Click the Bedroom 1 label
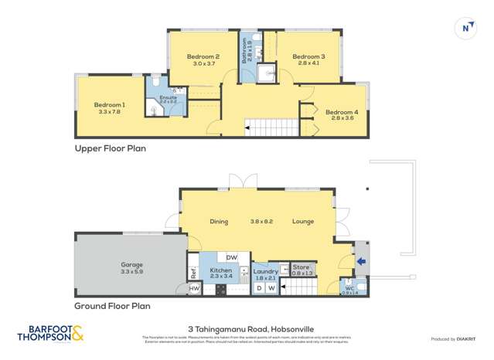pyautogui.click(x=109, y=104)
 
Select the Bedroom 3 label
pyautogui.click(x=308, y=56)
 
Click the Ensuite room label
pyautogui.click(x=168, y=98)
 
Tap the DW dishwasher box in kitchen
pyautogui.click(x=231, y=257)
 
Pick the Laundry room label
pyautogui.click(x=265, y=271)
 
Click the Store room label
pyautogui.click(x=302, y=267)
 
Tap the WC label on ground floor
pyautogui.click(x=349, y=287)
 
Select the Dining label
pyautogui.click(x=219, y=222)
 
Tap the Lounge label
pyautogui.click(x=302, y=222)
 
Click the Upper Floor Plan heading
pyautogui.click(x=110, y=148)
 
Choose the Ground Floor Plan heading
pyautogui.click(x=112, y=306)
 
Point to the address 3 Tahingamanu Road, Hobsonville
pyautogui.click(x=247, y=328)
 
